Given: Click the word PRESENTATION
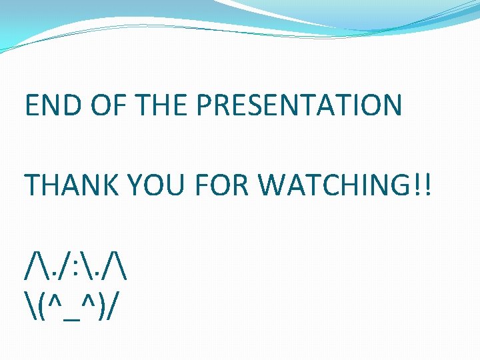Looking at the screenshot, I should pos(299,105).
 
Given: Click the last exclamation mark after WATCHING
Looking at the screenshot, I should pos(426,185).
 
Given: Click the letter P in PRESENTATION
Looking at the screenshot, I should pos(206,105).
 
